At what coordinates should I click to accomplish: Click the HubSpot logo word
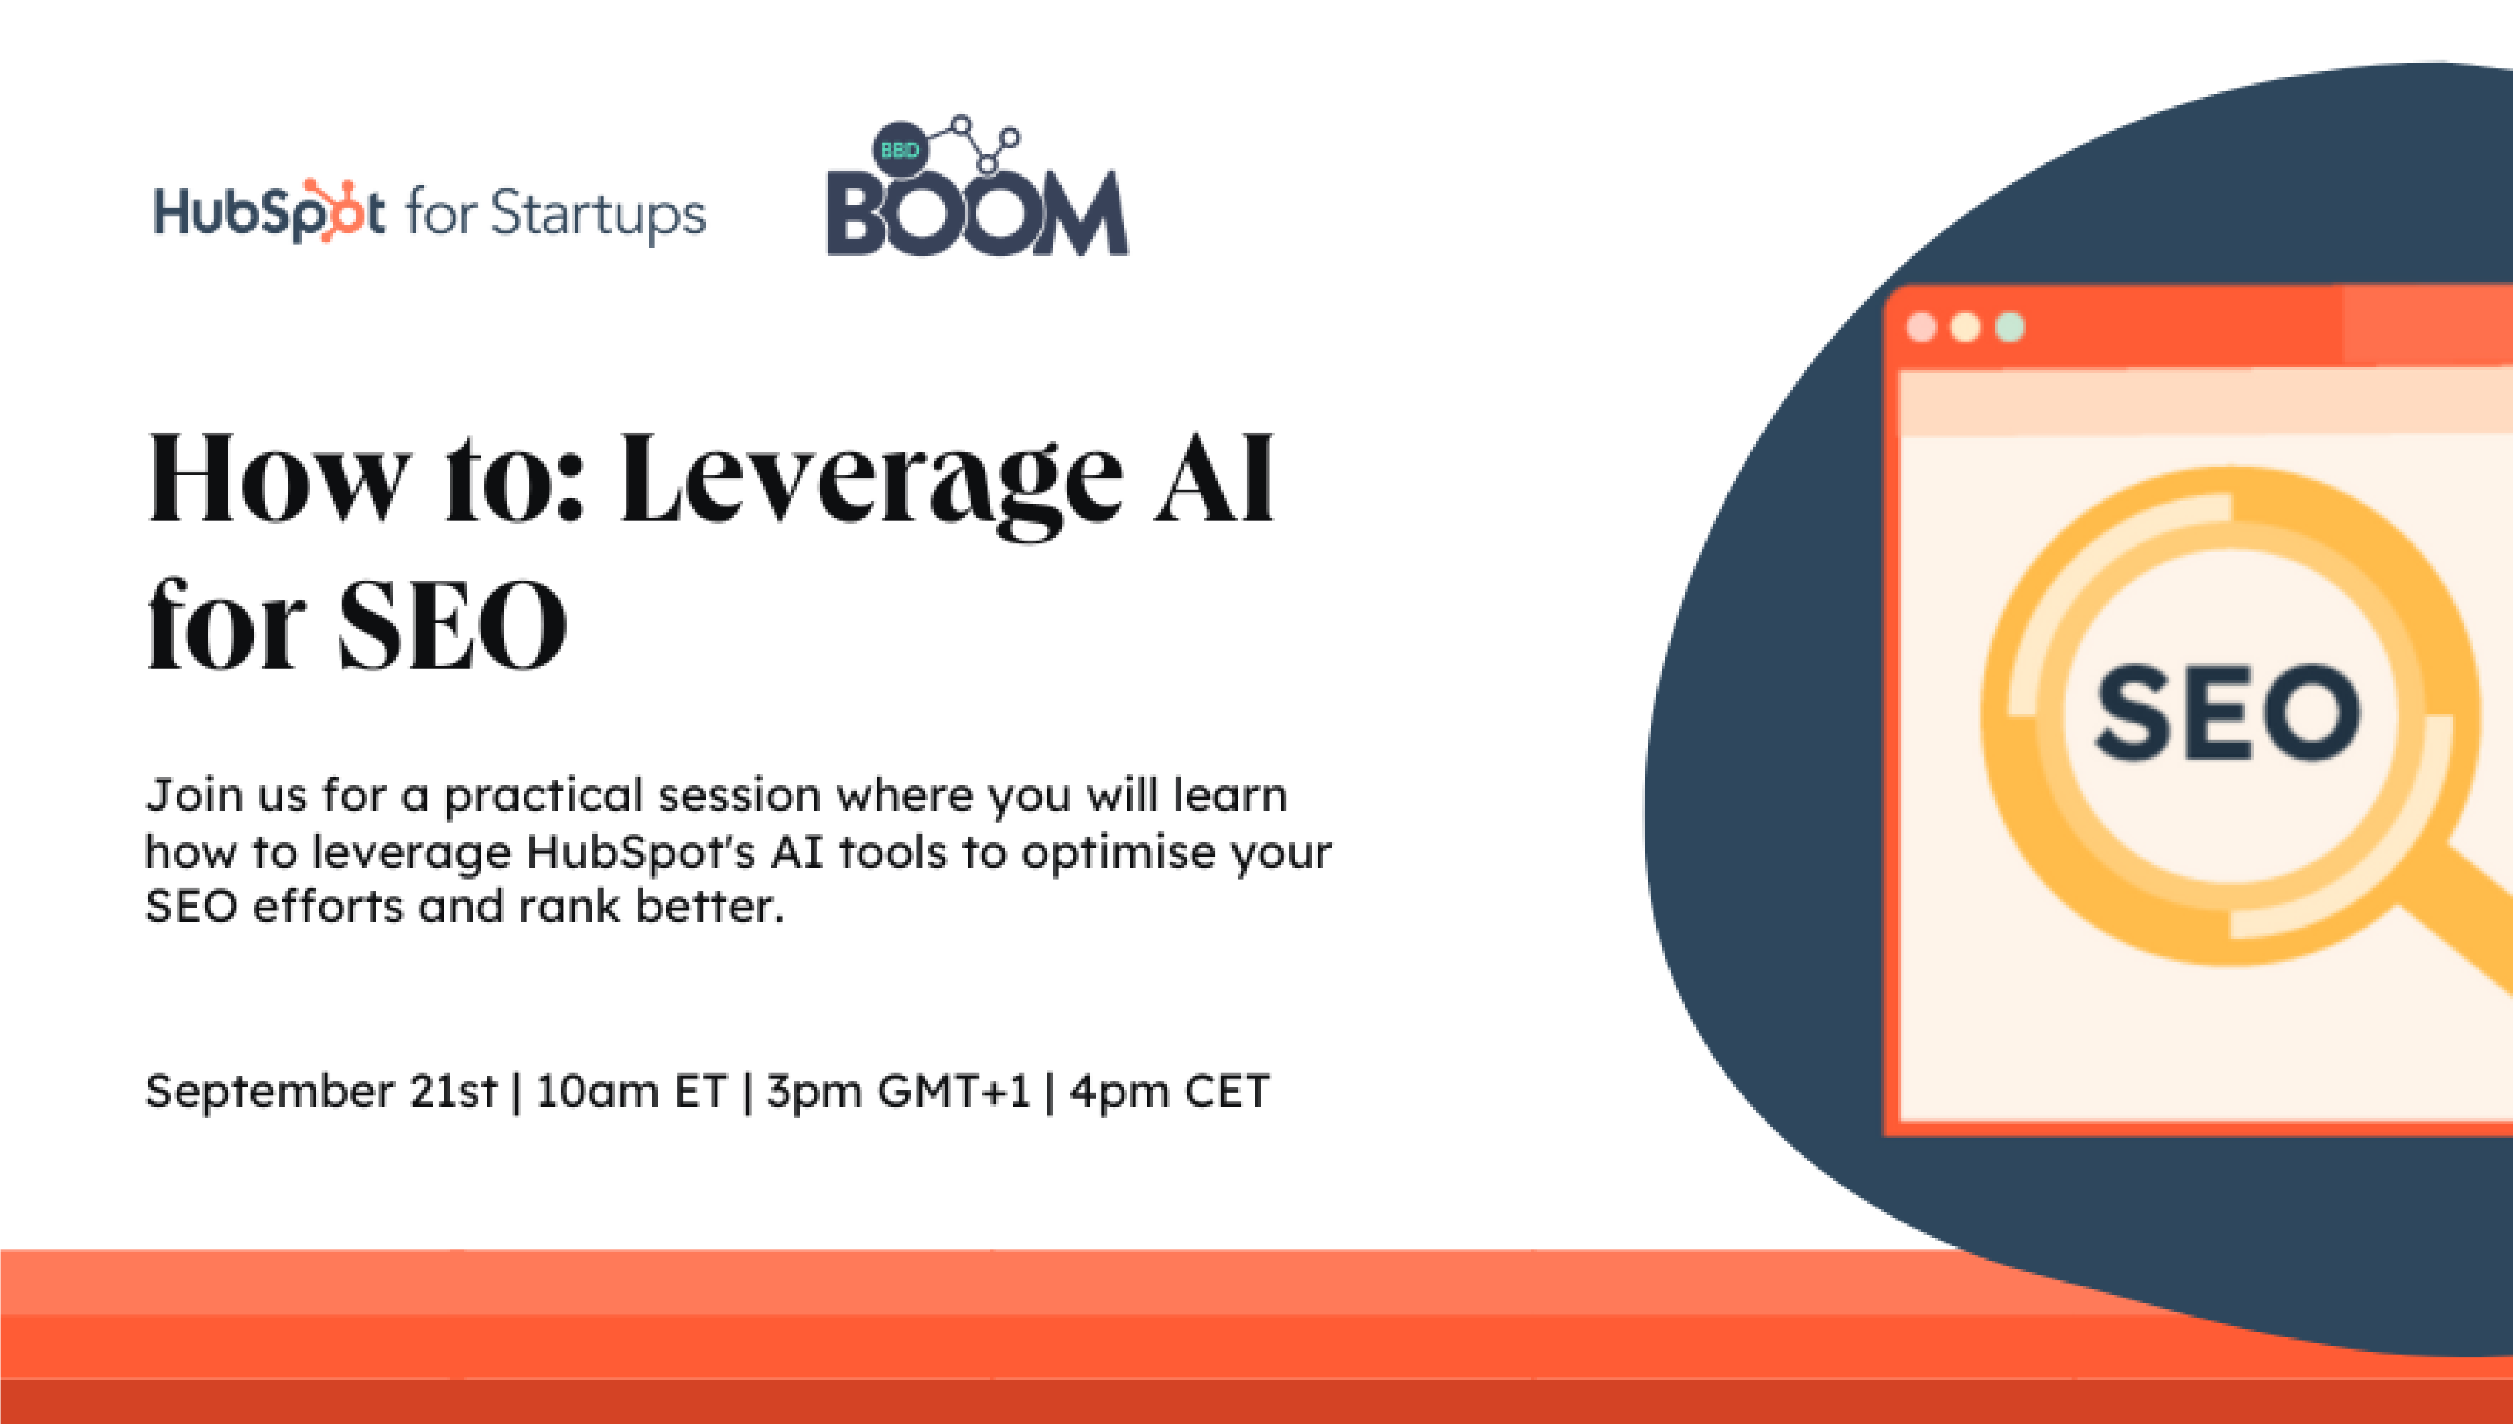[269, 212]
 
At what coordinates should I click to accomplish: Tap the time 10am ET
[631, 1091]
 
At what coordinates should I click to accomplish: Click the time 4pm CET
[1170, 1091]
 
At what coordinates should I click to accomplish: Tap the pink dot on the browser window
[1921, 326]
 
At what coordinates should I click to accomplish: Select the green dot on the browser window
[2009, 326]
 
